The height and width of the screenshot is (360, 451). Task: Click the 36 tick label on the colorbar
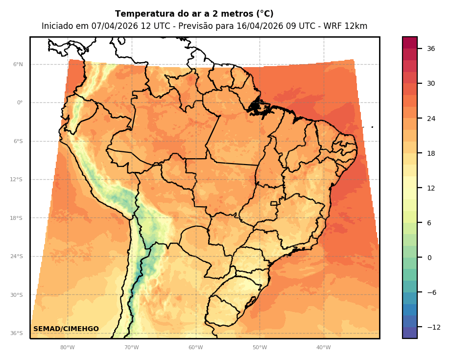point(431,48)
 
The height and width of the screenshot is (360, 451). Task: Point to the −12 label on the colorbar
point(433,327)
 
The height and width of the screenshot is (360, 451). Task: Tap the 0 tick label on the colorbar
point(429,258)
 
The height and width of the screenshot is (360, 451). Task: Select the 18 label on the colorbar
point(431,153)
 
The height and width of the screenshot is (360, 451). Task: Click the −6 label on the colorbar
point(431,292)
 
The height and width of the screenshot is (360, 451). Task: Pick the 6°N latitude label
point(18,65)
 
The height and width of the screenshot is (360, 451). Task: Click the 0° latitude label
point(20,103)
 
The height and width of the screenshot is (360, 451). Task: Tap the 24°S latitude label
point(17,257)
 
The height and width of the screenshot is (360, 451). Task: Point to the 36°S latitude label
point(17,334)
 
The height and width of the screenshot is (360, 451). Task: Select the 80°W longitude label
point(67,348)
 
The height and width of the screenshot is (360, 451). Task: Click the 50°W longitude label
point(260,348)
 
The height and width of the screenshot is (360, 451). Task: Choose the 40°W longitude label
point(323,348)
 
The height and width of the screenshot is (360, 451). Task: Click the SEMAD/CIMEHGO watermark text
point(66,329)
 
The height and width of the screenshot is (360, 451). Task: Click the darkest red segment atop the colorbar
point(410,42)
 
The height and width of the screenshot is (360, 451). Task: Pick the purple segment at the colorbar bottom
point(410,333)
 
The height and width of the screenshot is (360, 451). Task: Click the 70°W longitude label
point(131,348)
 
